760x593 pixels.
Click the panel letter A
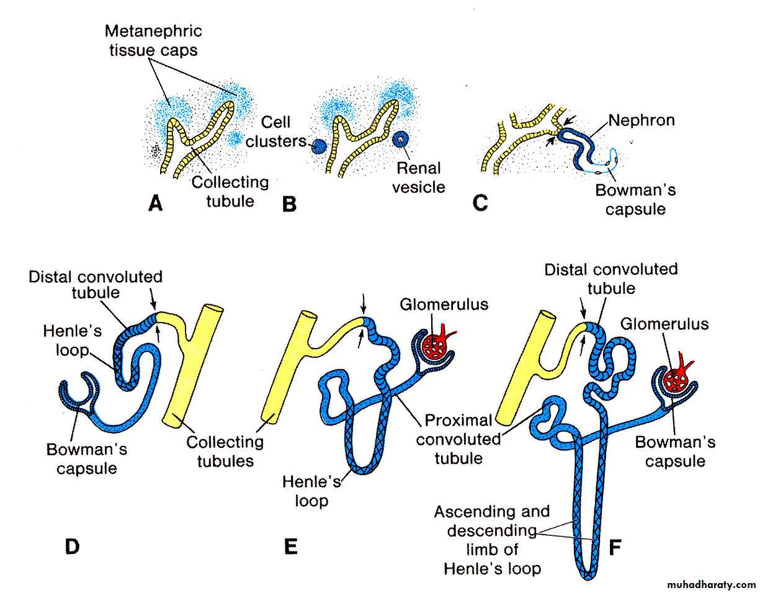click(156, 203)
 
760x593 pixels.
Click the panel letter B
click(289, 203)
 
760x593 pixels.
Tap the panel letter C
click(480, 203)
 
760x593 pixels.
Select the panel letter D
click(73, 546)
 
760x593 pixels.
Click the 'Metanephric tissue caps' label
click(153, 40)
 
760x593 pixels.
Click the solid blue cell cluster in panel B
click(318, 147)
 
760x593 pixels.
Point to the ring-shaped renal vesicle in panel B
click(400, 140)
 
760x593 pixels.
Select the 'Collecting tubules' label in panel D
click(225, 452)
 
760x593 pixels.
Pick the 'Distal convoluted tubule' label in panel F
click(610, 279)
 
